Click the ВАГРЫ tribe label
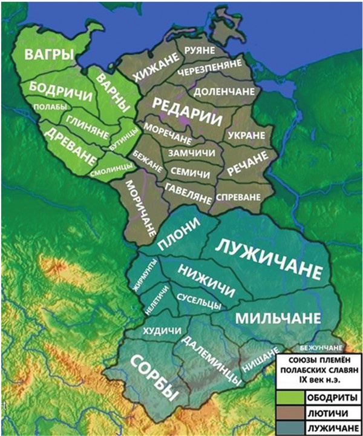(48, 55)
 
